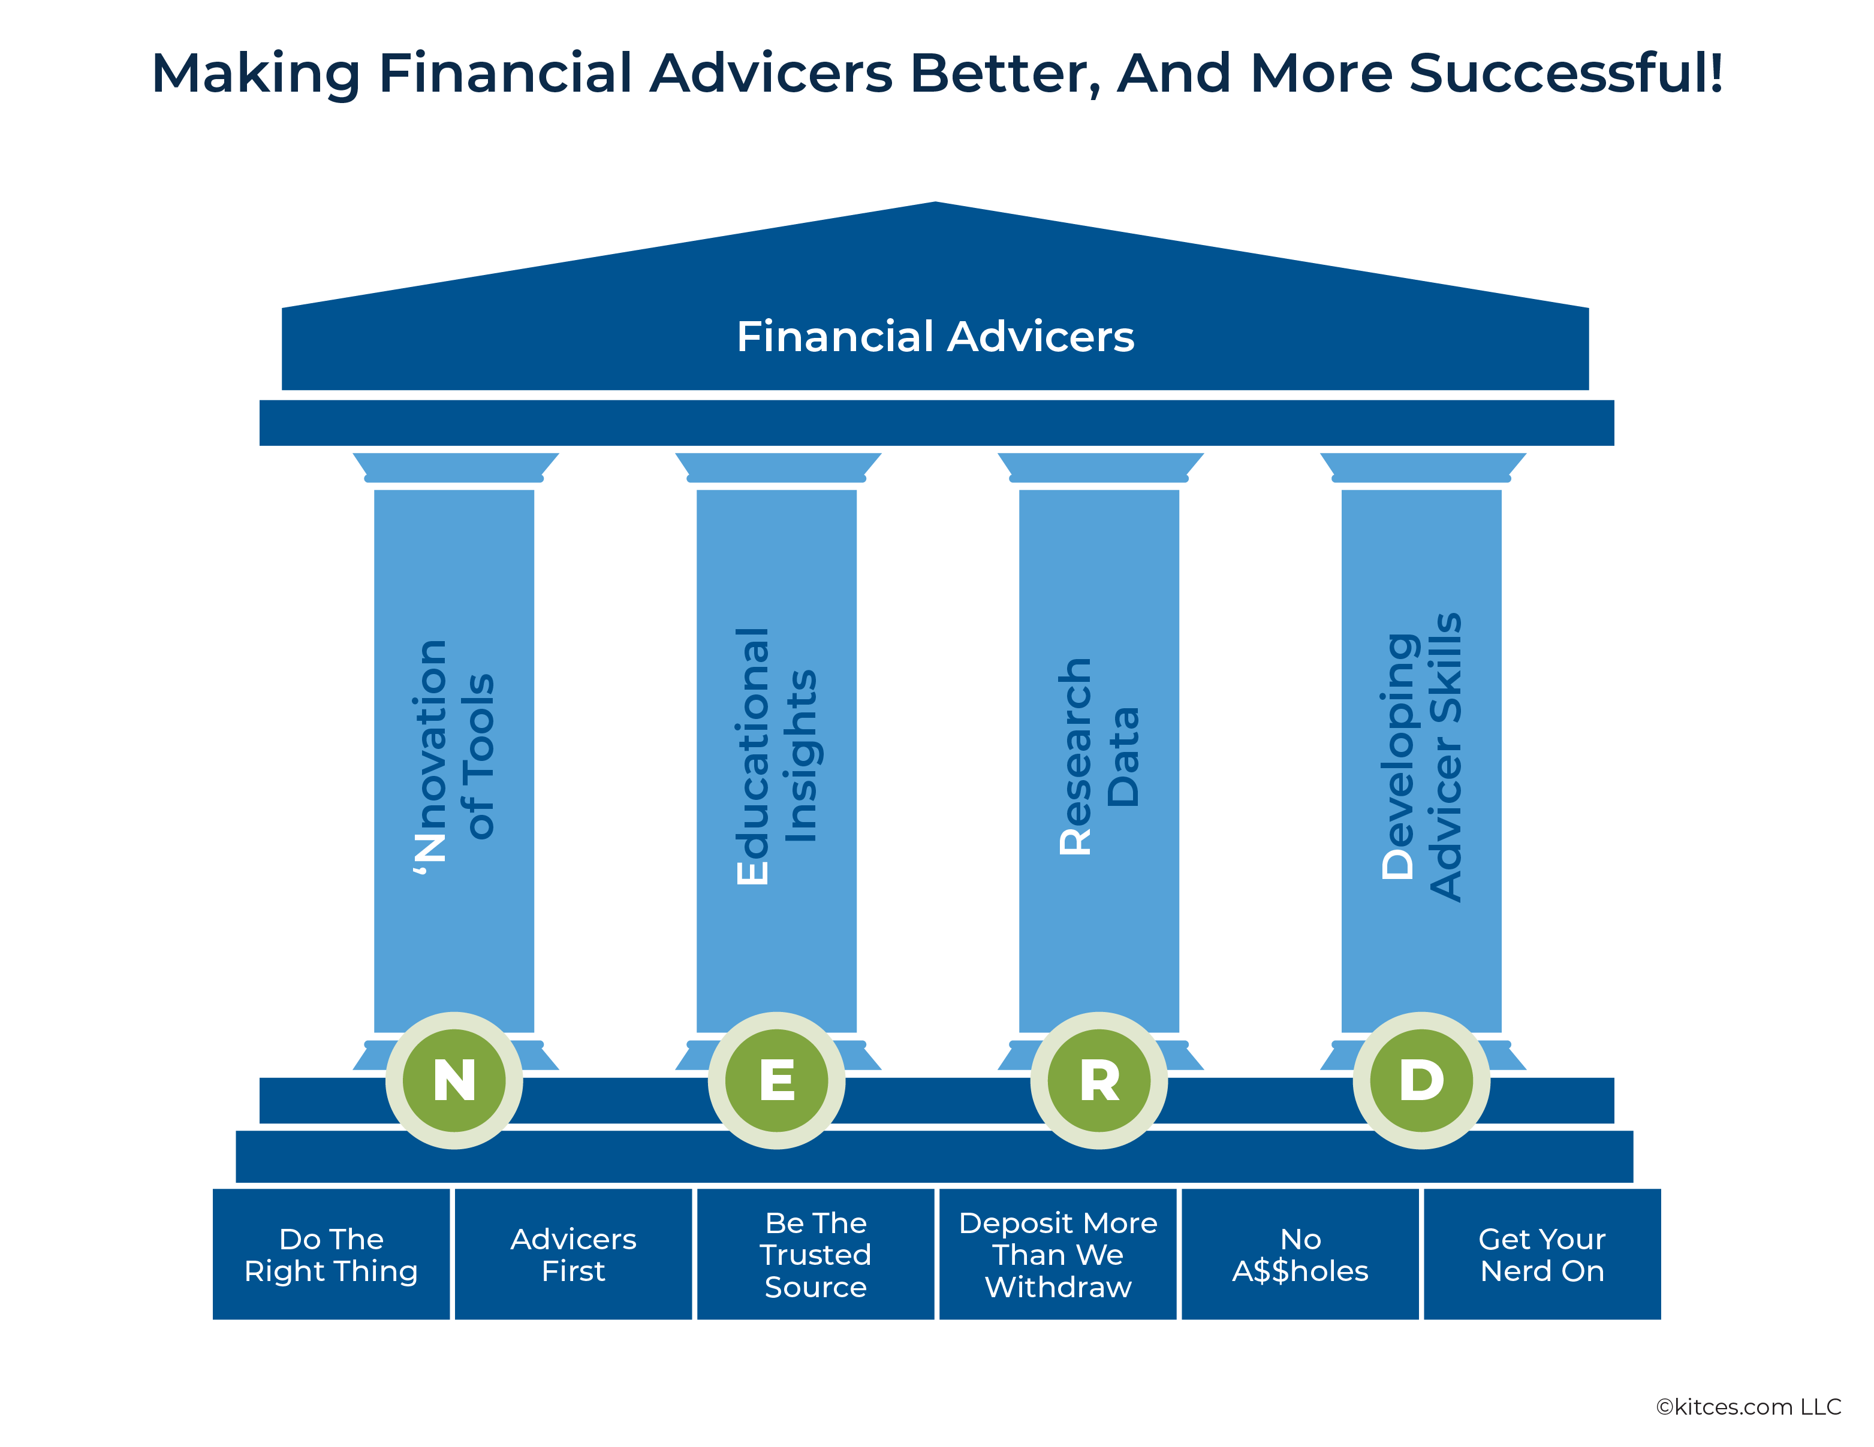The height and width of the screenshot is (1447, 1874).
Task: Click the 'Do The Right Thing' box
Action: (331, 1254)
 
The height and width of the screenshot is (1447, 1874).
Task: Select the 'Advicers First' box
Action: (573, 1254)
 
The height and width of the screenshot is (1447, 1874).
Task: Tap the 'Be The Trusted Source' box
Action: (815, 1254)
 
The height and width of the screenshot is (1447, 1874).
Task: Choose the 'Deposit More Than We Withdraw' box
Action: (1058, 1254)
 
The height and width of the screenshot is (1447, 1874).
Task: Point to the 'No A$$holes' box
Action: (1300, 1254)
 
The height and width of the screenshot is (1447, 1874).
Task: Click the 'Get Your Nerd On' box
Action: (1542, 1254)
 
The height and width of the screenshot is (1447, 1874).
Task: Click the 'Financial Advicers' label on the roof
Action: (935, 336)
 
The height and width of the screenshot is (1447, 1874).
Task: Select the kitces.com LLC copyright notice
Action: (1748, 1407)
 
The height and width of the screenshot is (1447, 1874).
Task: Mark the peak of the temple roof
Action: (935, 203)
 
